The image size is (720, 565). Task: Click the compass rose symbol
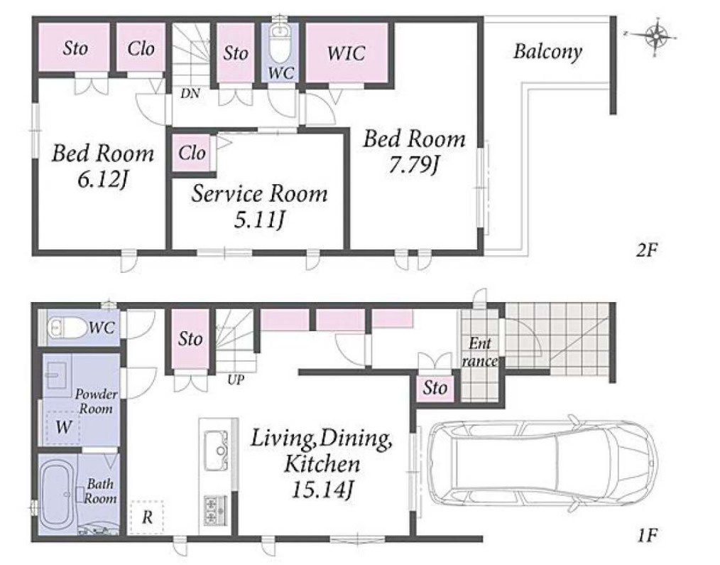pos(655,36)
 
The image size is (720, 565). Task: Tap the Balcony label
pos(547,51)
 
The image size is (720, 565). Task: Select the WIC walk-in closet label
pos(347,53)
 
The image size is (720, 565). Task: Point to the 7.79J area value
pos(413,165)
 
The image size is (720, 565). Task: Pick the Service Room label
pos(259,193)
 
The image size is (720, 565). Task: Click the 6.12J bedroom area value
pos(102,179)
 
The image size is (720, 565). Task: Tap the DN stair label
pos(190,94)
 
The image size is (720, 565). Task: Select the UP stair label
pos(236,380)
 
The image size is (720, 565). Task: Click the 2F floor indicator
pos(647,250)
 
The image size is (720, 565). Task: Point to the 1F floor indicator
pos(648,535)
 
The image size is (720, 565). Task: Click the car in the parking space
pos(542,463)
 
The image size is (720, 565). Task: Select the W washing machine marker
pos(63,427)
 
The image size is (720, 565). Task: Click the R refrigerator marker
pos(147,517)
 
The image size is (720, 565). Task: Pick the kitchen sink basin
pos(215,451)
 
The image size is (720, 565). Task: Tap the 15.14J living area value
pos(323,490)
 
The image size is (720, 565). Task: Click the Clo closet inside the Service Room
pos(192,153)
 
